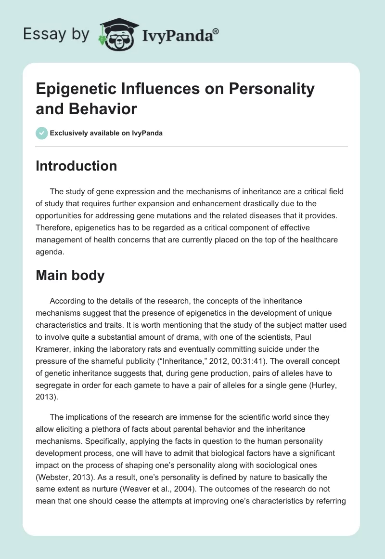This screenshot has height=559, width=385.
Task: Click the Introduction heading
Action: [x=77, y=166]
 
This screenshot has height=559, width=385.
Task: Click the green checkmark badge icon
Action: [x=42, y=133]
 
